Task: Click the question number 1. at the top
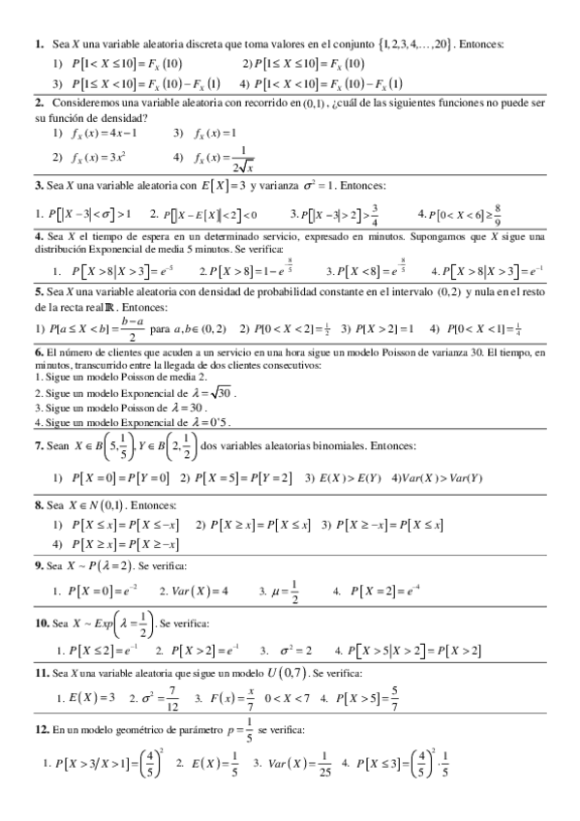[39, 45]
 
